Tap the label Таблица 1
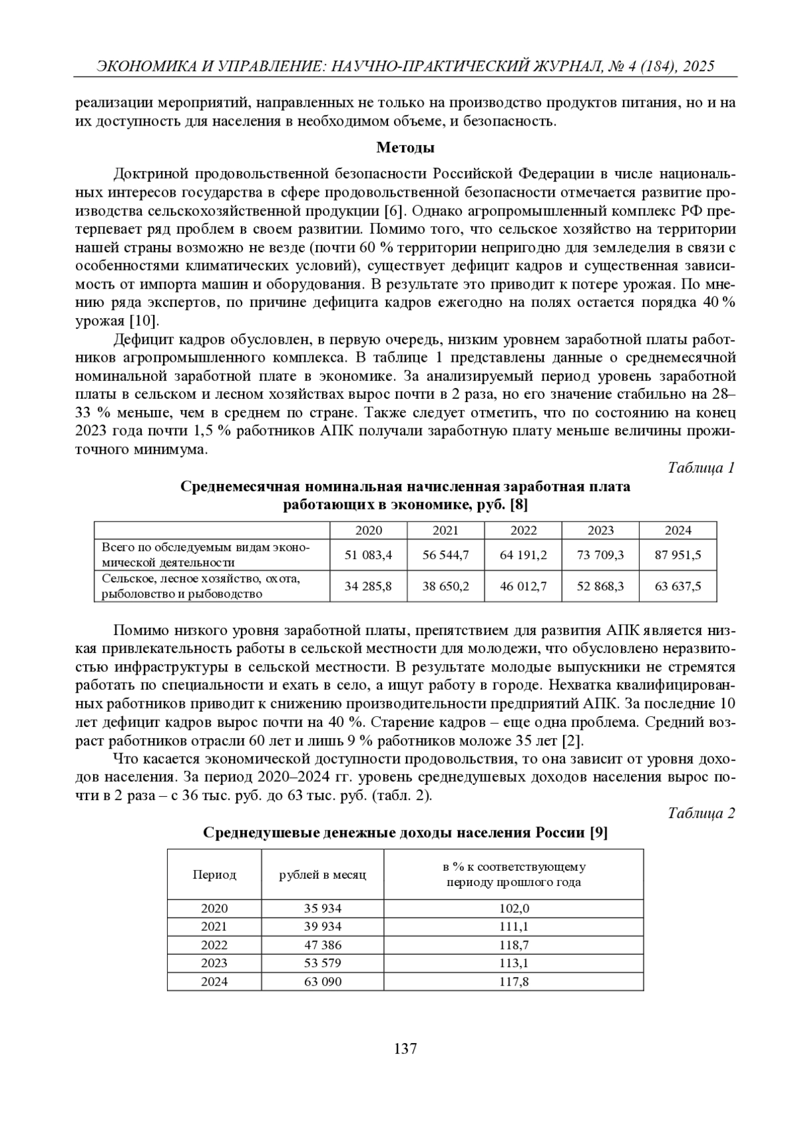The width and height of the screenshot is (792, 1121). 701,468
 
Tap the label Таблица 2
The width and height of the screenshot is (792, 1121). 701,813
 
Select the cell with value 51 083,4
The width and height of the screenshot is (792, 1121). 368,555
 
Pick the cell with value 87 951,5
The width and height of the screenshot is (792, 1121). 678,555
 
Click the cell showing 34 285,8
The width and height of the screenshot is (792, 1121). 368,586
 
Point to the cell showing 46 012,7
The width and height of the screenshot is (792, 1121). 523,586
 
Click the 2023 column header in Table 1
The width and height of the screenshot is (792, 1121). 601,530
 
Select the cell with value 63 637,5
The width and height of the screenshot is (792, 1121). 678,586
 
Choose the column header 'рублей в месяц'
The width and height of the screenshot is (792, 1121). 323,875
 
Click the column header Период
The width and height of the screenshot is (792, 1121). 214,875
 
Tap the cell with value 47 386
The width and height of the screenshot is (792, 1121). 323,945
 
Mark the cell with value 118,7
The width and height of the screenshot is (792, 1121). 513,945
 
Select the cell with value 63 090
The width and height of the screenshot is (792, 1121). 323,982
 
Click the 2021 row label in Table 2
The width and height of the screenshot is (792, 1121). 214,926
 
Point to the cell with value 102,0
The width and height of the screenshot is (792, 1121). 513,908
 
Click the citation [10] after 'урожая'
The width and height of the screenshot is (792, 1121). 144,322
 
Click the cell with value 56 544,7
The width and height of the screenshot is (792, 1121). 445,555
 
